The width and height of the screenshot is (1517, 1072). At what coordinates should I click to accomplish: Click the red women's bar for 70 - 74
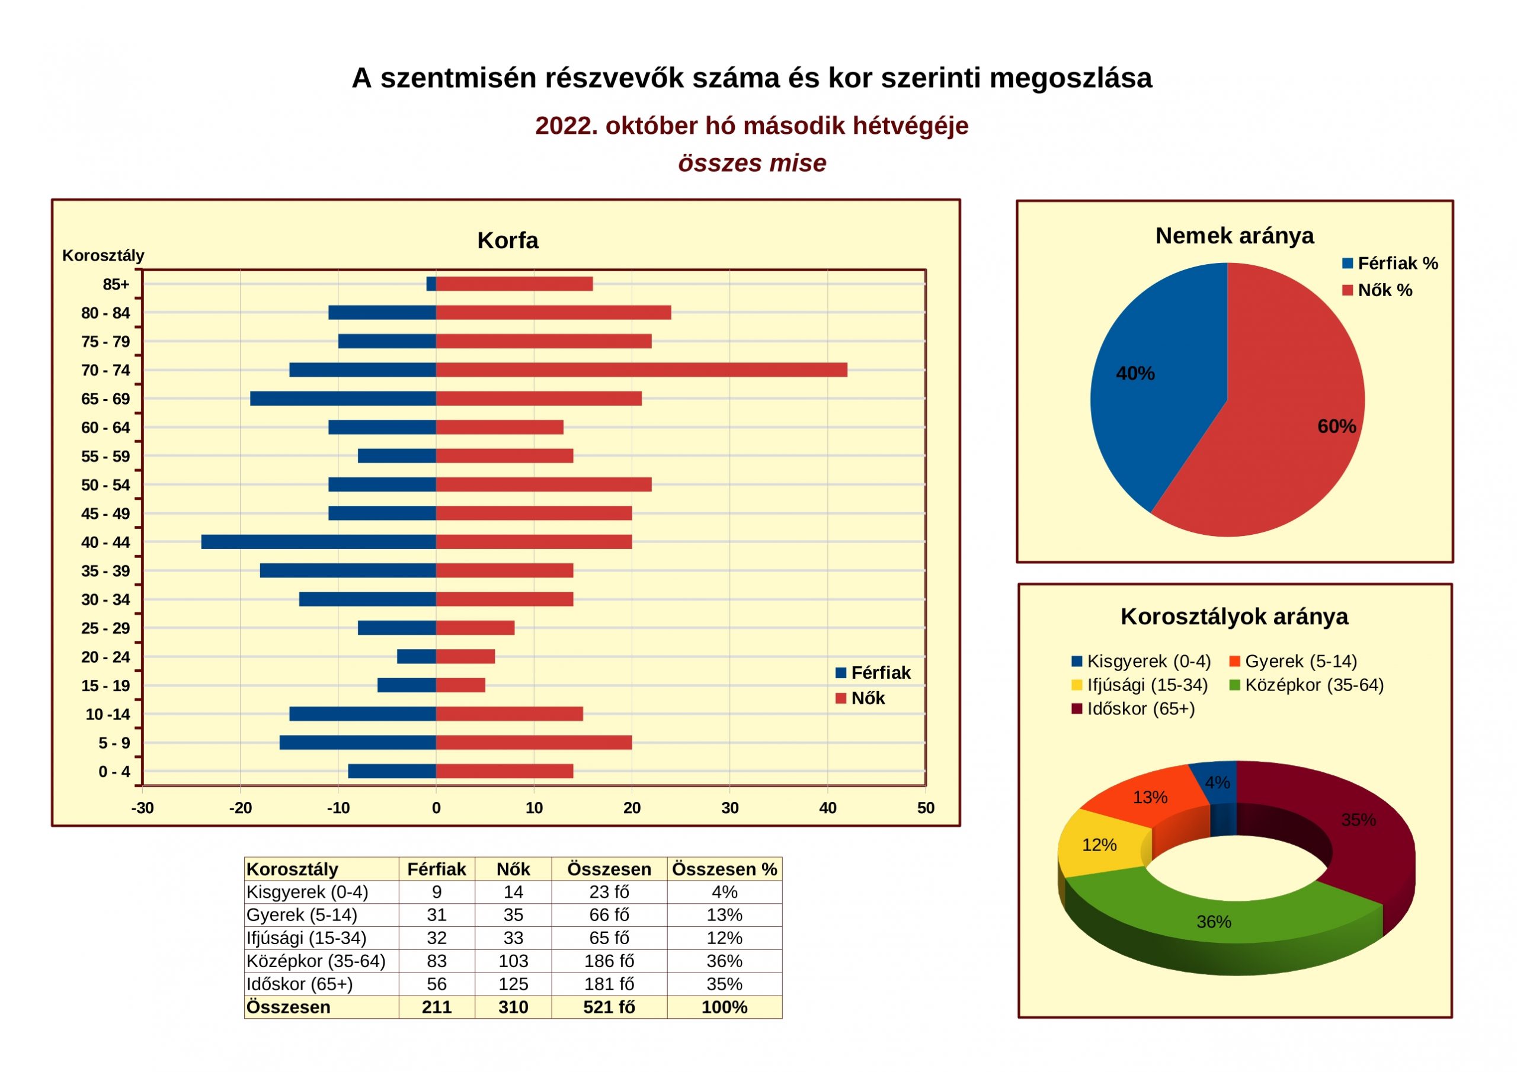click(x=642, y=370)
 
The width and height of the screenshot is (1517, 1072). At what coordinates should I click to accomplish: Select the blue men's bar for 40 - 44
click(x=318, y=541)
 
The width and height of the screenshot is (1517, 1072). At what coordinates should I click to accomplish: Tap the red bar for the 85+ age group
click(x=514, y=284)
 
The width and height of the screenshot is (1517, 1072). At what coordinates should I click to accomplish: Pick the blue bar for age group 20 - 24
click(x=416, y=657)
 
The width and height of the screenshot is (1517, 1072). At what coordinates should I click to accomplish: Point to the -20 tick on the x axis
click(x=241, y=808)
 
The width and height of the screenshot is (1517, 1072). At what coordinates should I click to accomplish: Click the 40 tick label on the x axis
click(x=828, y=808)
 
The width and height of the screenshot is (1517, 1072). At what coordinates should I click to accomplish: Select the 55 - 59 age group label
click(x=105, y=457)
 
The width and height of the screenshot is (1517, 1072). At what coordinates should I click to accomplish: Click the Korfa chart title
click(x=507, y=240)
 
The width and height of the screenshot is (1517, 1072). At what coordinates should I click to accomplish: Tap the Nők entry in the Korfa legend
click(x=860, y=698)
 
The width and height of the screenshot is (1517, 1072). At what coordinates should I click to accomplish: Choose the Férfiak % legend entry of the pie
click(x=1390, y=264)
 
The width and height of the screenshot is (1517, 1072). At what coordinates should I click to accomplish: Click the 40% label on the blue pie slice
click(x=1135, y=374)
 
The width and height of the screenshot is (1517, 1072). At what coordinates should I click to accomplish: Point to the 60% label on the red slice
click(x=1337, y=426)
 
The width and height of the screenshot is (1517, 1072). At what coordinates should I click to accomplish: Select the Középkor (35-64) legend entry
click(x=1306, y=685)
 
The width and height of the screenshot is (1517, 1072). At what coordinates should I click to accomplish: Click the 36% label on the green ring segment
click(x=1214, y=922)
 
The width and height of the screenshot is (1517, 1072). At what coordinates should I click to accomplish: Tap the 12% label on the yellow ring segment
click(x=1099, y=845)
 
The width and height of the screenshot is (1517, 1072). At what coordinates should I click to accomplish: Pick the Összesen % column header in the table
click(x=724, y=869)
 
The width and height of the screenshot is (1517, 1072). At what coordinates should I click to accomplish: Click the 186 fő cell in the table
click(x=609, y=961)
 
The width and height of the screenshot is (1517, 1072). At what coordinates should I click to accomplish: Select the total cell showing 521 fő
click(x=609, y=1007)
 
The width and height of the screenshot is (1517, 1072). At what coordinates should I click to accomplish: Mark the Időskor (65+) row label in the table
click(x=299, y=984)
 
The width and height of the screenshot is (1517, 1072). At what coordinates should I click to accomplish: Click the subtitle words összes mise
click(x=752, y=163)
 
